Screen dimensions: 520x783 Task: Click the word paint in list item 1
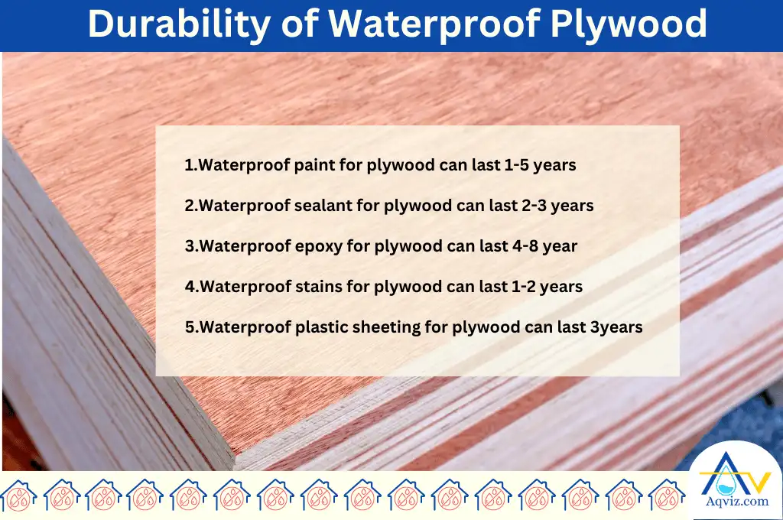[x=314, y=165]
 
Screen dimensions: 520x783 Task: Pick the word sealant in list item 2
[x=322, y=206]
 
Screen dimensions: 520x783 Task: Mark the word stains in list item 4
[x=317, y=287]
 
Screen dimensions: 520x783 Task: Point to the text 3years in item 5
[x=616, y=327]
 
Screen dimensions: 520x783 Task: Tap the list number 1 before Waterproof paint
[x=189, y=165]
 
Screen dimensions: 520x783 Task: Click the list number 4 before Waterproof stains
[x=189, y=287]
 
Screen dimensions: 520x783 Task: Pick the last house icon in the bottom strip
[x=667, y=495]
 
